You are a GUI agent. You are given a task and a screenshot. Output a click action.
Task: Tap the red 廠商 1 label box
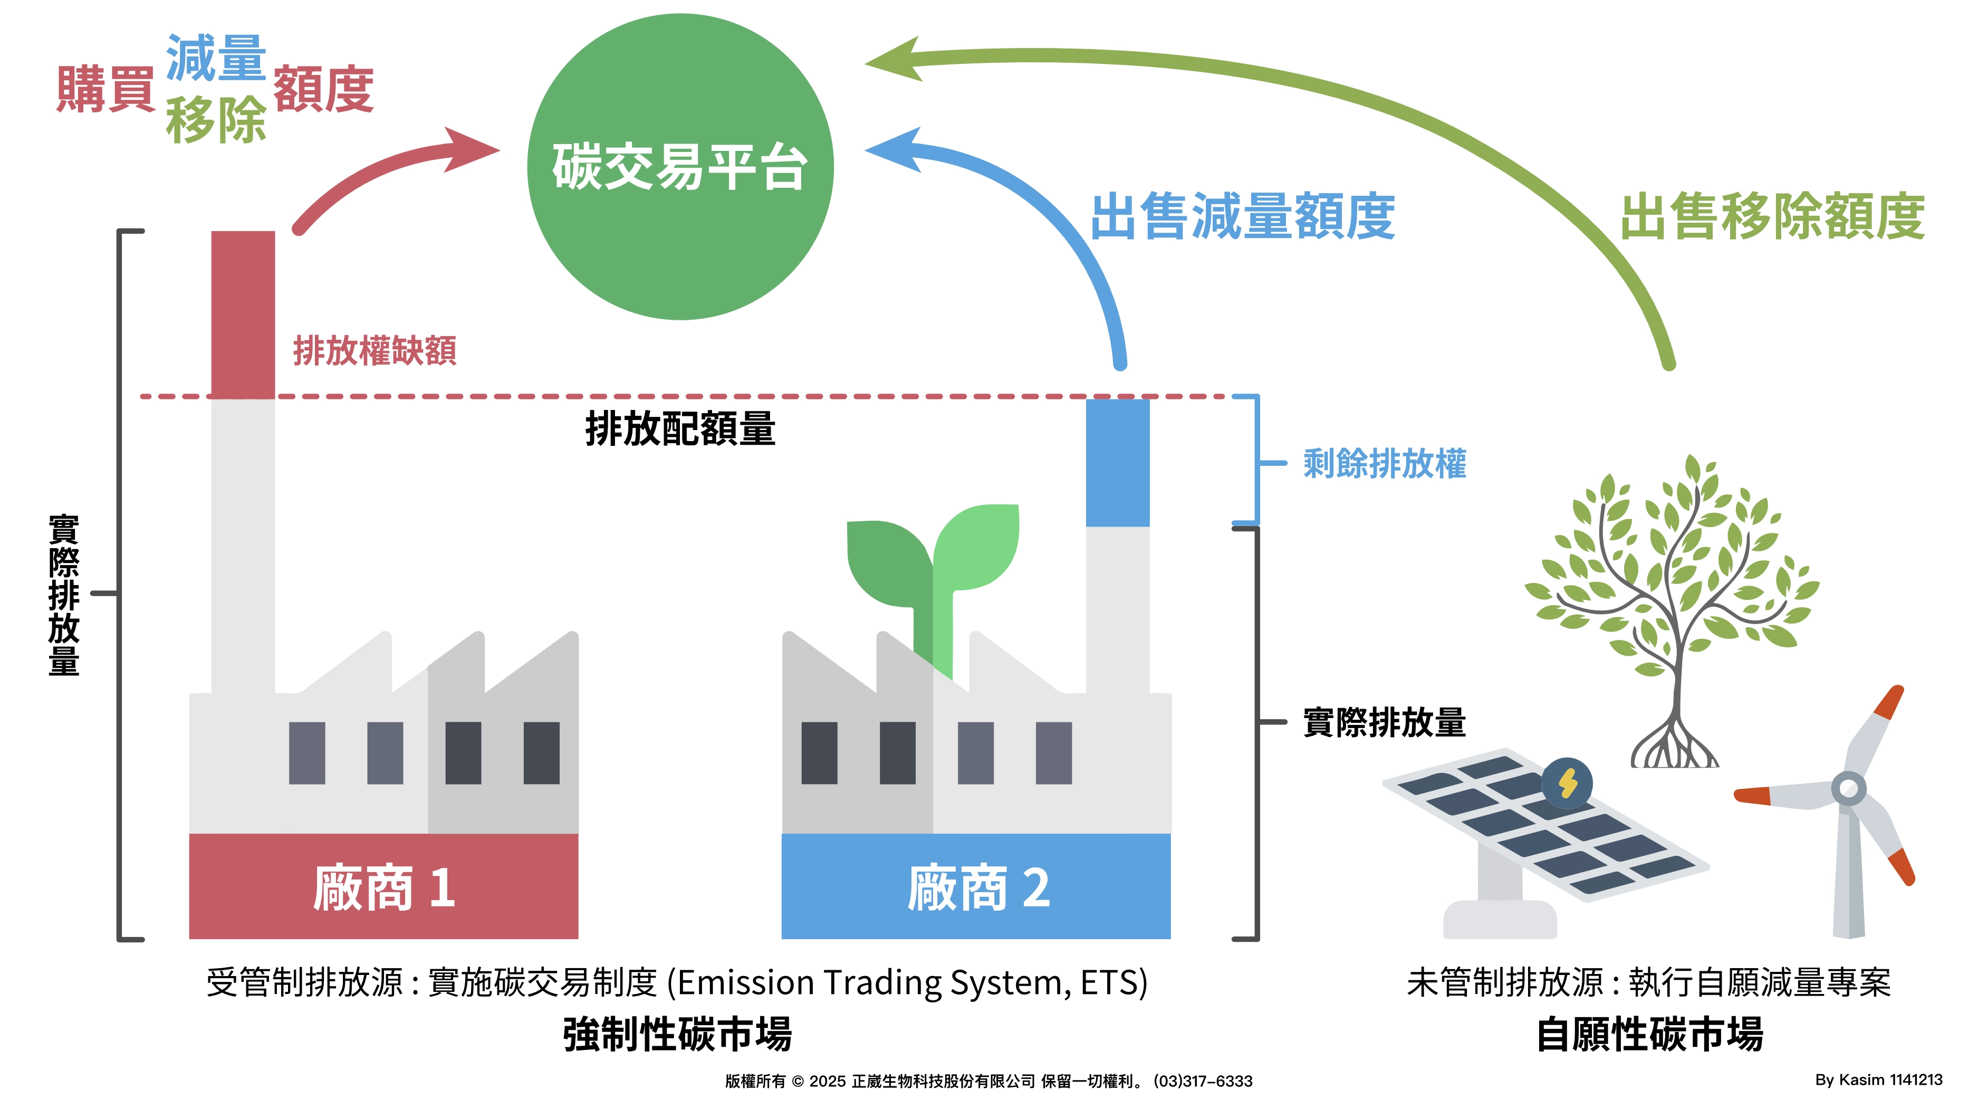383,886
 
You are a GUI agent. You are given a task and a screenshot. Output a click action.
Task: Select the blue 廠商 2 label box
976,886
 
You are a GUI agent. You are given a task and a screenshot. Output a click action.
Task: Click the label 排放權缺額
375,351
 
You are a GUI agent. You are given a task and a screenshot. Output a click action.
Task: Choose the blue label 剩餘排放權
1385,464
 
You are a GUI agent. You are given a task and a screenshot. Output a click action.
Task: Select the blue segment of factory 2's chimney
1117,462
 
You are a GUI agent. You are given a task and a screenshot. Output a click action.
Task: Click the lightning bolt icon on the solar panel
1567,783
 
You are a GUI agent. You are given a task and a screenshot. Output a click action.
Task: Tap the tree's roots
1675,748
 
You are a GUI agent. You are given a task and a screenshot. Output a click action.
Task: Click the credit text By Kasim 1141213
1878,1080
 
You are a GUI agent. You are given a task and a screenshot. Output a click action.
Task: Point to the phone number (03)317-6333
1203,1082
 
